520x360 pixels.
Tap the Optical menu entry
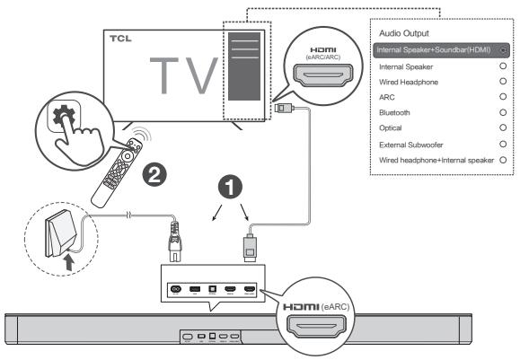(x=388, y=128)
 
